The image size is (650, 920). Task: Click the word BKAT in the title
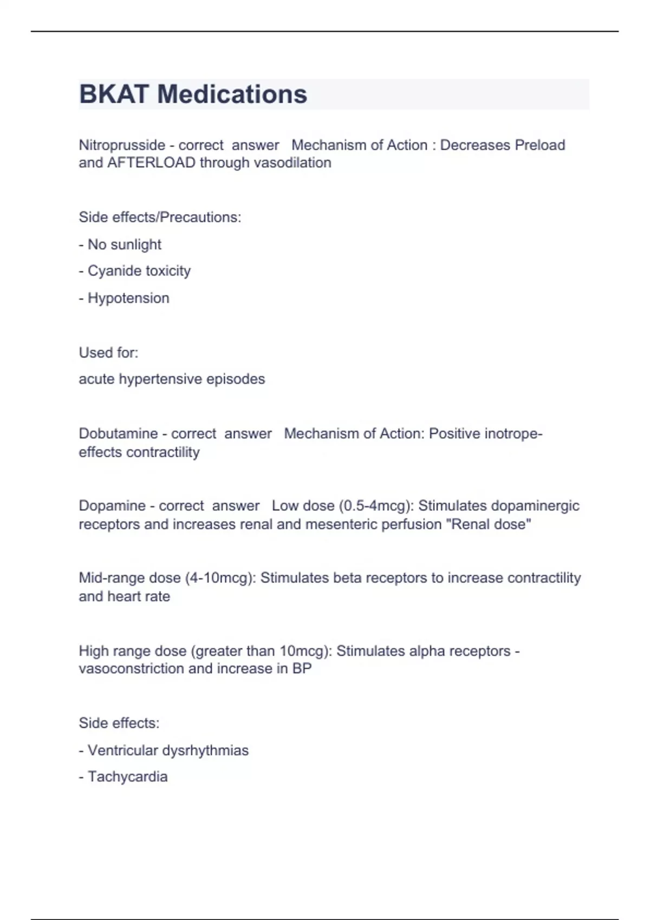coord(114,94)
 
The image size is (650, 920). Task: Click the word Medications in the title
coord(232,94)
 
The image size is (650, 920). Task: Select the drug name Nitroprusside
coord(122,145)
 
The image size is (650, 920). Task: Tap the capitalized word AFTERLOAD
coord(151,163)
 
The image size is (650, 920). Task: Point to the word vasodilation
coord(292,163)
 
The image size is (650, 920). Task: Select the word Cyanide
coord(113,271)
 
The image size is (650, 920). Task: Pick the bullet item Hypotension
coord(128,298)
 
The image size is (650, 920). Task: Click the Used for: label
coord(108,353)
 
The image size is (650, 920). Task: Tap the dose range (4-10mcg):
coord(220,578)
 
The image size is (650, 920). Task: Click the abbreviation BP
coord(302,669)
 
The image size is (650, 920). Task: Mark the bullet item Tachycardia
coord(127,777)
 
